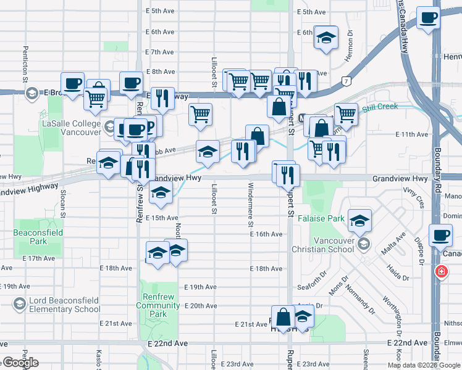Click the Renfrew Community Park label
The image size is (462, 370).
(x=157, y=305)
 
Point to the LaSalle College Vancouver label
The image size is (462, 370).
(x=70, y=128)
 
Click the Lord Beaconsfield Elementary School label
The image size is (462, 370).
(x=64, y=305)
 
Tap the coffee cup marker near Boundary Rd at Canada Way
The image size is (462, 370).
(x=441, y=236)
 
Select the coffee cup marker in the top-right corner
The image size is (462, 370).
(x=427, y=17)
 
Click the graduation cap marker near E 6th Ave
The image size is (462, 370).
(x=325, y=38)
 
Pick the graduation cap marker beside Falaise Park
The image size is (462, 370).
(x=359, y=220)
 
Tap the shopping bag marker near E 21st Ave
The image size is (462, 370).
(x=283, y=317)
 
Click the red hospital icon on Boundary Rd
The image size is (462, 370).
(x=442, y=271)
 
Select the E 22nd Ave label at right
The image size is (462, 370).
(x=407, y=343)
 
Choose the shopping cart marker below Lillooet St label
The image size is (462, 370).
(x=200, y=114)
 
